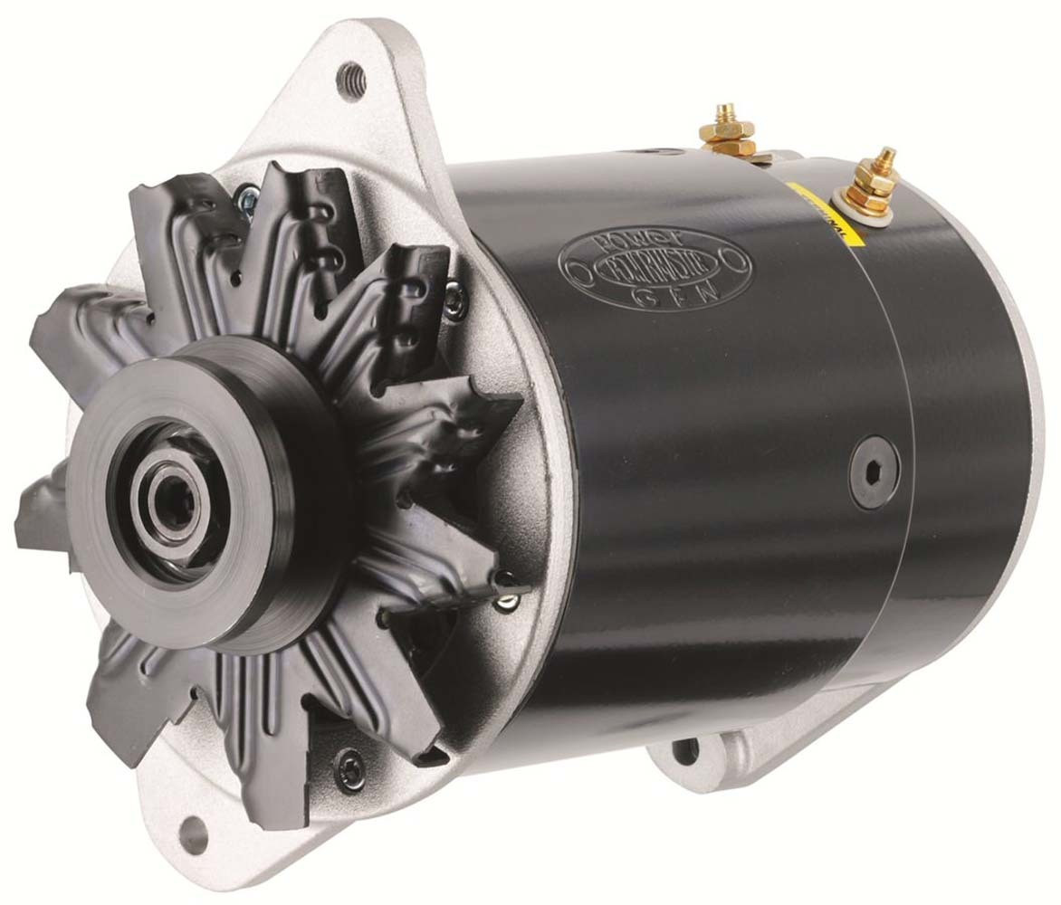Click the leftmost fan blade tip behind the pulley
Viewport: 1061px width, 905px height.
(x=27, y=525)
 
